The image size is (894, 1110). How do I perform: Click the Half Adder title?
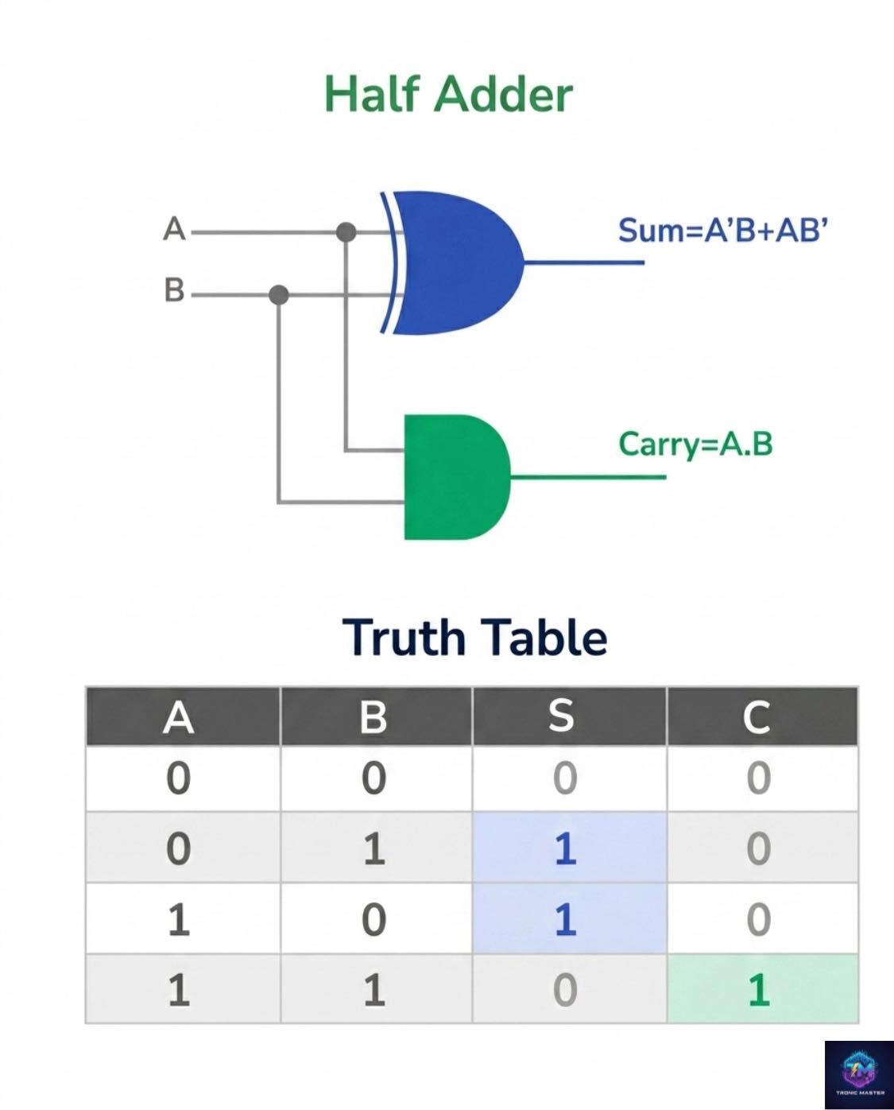pyautogui.click(x=448, y=95)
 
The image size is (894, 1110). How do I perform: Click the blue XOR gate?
pyautogui.click(x=453, y=263)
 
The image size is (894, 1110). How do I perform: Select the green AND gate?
pyautogui.click(x=457, y=476)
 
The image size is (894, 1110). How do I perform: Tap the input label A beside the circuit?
pyautogui.click(x=174, y=228)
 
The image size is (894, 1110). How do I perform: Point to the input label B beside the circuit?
pyautogui.click(x=174, y=290)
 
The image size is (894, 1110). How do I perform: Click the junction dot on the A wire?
pyautogui.click(x=346, y=232)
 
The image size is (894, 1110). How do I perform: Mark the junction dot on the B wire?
pyautogui.click(x=279, y=295)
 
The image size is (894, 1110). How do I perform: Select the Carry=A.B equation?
pyautogui.click(x=695, y=444)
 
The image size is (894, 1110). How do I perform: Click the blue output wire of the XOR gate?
pyautogui.click(x=584, y=262)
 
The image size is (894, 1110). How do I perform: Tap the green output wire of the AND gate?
pyautogui.click(x=588, y=477)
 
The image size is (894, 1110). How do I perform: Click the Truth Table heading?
pyautogui.click(x=474, y=637)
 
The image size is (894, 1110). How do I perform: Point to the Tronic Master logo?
pyautogui.click(x=859, y=1075)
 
